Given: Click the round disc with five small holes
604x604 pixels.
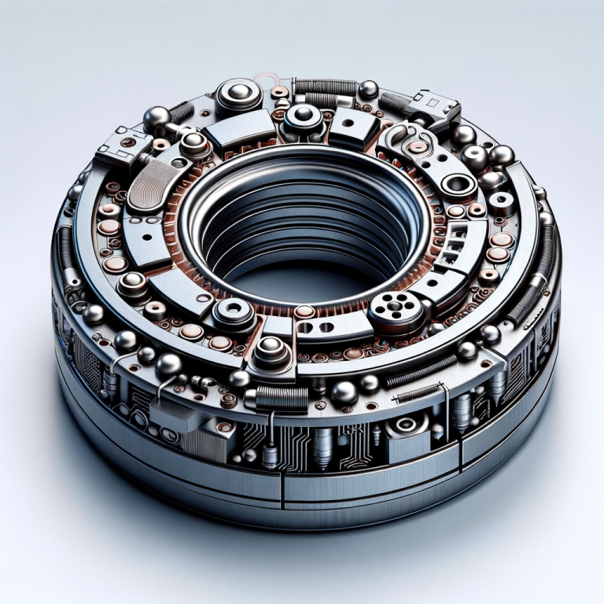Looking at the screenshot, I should coord(391,304).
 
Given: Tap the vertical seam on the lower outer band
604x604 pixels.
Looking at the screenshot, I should coord(281,488).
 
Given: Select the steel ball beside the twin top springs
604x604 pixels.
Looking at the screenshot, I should coord(367,89).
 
